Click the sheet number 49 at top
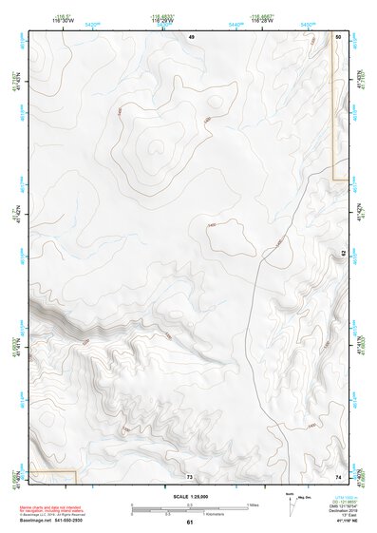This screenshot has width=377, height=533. [191, 35]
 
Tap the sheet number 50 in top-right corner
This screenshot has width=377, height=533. [339, 35]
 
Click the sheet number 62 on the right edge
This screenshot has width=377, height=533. [343, 253]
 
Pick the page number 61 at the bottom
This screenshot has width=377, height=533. [189, 523]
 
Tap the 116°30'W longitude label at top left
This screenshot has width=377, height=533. [38, 20]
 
